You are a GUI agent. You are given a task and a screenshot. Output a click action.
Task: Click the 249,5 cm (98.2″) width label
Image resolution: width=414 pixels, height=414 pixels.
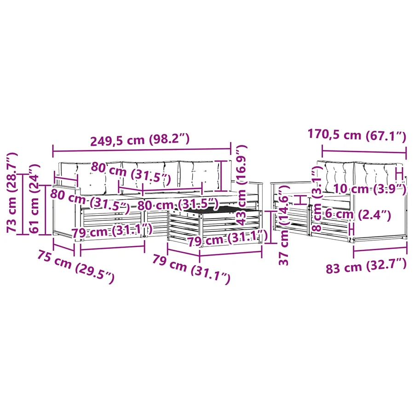point(140,140)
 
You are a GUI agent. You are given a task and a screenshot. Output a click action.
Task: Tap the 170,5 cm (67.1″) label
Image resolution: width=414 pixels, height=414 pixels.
point(357,135)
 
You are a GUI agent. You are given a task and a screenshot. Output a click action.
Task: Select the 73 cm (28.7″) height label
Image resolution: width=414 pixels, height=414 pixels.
point(12,192)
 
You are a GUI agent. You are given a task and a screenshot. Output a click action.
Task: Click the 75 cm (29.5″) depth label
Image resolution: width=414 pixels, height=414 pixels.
point(76,267)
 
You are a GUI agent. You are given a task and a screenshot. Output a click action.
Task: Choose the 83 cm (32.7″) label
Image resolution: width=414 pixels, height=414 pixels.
point(366,266)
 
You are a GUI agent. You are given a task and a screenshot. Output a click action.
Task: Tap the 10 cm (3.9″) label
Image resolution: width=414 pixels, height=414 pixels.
point(370,189)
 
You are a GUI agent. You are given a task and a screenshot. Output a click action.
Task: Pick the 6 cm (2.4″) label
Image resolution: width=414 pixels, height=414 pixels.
point(358,214)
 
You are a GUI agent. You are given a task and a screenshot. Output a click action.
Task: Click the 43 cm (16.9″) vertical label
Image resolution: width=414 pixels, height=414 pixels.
point(241,185)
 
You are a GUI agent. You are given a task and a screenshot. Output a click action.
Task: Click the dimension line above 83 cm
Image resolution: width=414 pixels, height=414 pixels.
point(380,249)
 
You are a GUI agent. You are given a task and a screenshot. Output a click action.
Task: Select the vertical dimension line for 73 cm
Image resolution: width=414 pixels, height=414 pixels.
point(23,204)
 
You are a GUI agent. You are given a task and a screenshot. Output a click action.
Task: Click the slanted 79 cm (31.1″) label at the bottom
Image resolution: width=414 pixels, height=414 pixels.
point(191,270)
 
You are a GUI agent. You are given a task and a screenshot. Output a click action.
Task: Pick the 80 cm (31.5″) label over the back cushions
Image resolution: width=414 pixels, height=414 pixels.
point(131,172)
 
